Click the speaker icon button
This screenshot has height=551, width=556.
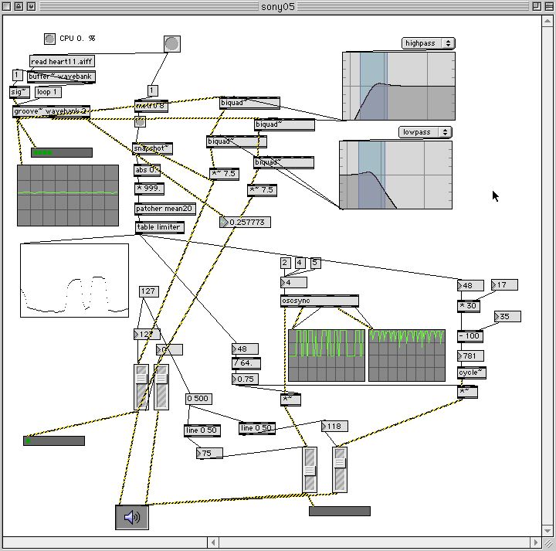[x=132, y=516]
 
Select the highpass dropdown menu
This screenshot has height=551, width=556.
[x=428, y=43]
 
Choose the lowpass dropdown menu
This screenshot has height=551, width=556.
[x=425, y=132]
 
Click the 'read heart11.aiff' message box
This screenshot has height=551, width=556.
[x=62, y=61]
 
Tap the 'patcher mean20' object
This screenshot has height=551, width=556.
[x=164, y=209]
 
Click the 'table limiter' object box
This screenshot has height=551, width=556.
[x=159, y=227]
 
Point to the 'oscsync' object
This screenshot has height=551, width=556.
[x=319, y=301]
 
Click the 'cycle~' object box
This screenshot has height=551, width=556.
[x=472, y=372]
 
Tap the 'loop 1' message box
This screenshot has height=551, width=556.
[x=48, y=92]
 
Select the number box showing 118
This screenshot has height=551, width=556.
[x=335, y=427]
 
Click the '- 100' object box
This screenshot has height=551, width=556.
[x=470, y=336]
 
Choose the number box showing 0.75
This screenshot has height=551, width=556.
[x=246, y=379]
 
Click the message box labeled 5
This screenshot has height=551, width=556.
[x=314, y=264]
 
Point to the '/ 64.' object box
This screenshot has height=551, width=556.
[x=246, y=363]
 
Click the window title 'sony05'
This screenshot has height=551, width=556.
[x=278, y=6]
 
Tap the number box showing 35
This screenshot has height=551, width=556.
[x=507, y=317]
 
